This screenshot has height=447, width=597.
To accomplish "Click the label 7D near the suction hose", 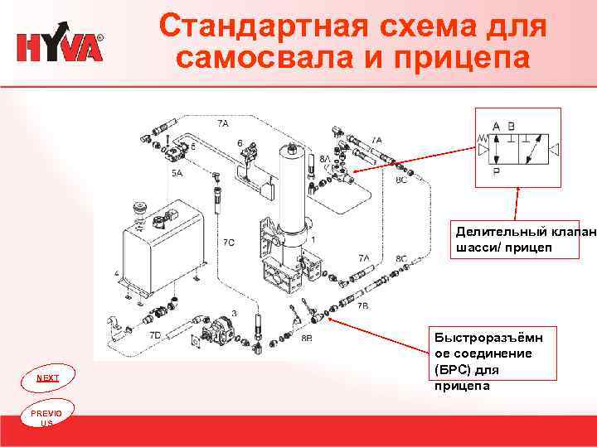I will (155, 336).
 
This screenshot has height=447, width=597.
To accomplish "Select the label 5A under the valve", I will (177, 173).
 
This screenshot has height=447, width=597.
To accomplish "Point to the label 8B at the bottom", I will (306, 339).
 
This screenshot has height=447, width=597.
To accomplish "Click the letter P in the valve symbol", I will (497, 172).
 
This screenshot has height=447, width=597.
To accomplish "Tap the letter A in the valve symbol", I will (496, 127).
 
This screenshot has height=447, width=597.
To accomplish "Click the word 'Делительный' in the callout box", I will (488, 233).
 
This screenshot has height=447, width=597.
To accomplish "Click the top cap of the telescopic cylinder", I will (289, 151).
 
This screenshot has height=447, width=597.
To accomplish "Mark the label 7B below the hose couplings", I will (363, 305).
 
